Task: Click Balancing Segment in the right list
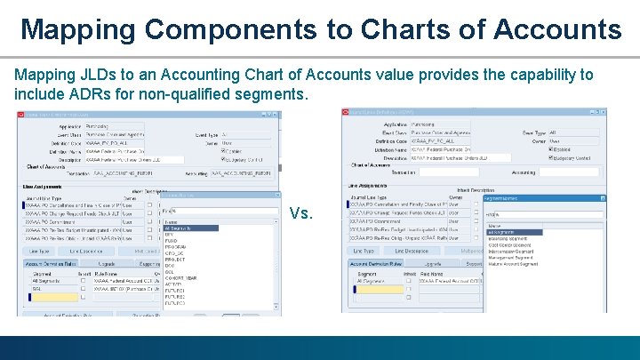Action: (x=513, y=238)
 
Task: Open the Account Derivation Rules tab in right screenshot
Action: (x=372, y=265)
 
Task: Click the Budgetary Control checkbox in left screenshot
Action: (x=224, y=158)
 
